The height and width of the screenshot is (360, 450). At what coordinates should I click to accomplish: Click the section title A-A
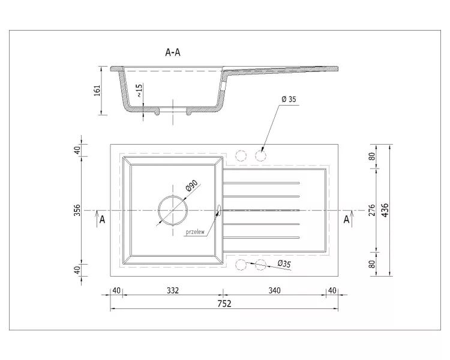[173, 52]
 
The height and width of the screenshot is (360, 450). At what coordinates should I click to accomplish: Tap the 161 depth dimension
[97, 90]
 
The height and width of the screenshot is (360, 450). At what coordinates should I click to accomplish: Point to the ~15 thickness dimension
[139, 91]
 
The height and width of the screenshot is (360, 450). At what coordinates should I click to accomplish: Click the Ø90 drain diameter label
[192, 185]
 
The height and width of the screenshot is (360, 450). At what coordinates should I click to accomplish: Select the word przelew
[196, 232]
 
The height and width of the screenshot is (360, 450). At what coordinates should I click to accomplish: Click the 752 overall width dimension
[224, 304]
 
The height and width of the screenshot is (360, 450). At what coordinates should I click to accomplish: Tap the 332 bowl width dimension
[173, 290]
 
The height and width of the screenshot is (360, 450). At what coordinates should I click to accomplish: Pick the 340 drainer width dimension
[274, 290]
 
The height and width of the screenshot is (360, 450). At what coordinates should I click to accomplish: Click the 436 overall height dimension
[385, 210]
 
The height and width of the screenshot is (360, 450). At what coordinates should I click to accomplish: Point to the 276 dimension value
[371, 210]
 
